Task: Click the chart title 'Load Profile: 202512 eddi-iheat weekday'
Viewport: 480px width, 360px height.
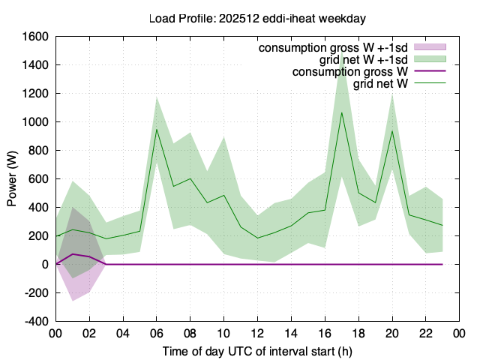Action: pyautogui.click(x=257, y=19)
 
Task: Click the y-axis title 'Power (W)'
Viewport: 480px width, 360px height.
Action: pyautogui.click(x=12, y=178)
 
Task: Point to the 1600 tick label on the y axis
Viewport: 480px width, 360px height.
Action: pyautogui.click(x=35, y=37)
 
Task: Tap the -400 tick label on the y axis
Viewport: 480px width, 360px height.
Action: pyautogui.click(x=37, y=322)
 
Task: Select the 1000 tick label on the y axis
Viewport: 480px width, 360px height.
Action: pyautogui.click(x=35, y=122)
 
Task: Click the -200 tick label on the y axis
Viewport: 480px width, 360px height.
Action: pyautogui.click(x=37, y=293)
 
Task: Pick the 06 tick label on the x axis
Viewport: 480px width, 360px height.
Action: pyautogui.click(x=157, y=333)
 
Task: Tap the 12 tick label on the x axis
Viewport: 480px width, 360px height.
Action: pyautogui.click(x=257, y=333)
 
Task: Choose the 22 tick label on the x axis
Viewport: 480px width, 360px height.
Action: pyautogui.click(x=425, y=333)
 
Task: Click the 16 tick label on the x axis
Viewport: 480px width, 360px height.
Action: pyautogui.click(x=325, y=333)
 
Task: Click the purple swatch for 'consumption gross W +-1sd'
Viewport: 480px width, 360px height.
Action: pyautogui.click(x=430, y=46)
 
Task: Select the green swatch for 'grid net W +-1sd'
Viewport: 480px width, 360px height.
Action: pyautogui.click(x=430, y=58)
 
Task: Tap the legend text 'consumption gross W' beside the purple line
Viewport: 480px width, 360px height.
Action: pyautogui.click(x=350, y=72)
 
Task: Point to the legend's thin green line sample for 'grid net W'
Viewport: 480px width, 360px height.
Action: pyautogui.click(x=430, y=82)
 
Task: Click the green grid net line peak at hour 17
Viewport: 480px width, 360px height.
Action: pyautogui.click(x=342, y=112)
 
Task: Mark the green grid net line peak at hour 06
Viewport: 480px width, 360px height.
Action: pyautogui.click(x=157, y=129)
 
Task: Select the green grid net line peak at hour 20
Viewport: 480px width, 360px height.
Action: pyautogui.click(x=392, y=131)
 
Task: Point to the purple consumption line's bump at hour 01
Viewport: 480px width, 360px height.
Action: pyautogui.click(x=73, y=254)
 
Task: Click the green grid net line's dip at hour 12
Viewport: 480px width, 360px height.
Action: pyautogui.click(x=257, y=238)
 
